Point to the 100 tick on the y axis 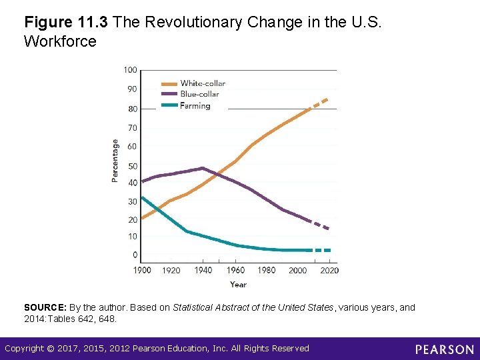point(130,70)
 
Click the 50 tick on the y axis point(132,166)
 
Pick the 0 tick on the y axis point(135,255)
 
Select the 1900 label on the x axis point(142,270)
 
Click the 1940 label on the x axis point(203,270)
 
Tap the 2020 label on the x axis point(329,270)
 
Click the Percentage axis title point(115,160)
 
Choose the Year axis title point(238,285)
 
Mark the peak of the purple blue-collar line point(203,168)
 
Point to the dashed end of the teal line point(323,250)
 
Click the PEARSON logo point(445,349)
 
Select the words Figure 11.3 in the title point(67,22)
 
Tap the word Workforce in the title point(60,41)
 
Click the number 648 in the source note point(108,319)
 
